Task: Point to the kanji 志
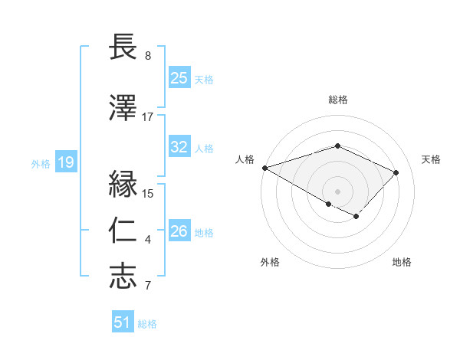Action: (123, 277)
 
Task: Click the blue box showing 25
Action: (179, 78)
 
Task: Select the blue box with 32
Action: (179, 148)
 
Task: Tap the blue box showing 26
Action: (179, 231)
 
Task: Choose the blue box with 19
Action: (65, 162)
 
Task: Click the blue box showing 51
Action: (122, 322)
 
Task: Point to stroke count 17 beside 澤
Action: (147, 117)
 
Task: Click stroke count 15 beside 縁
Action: (148, 194)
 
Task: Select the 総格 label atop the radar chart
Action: (337, 100)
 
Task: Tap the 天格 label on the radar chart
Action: (432, 159)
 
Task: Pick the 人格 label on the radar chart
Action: (245, 159)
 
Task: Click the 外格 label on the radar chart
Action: (269, 263)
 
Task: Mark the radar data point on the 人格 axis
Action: (264, 168)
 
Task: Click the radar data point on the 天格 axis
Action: (396, 172)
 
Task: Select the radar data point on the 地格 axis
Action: (356, 217)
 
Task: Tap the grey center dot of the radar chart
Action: (337, 191)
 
